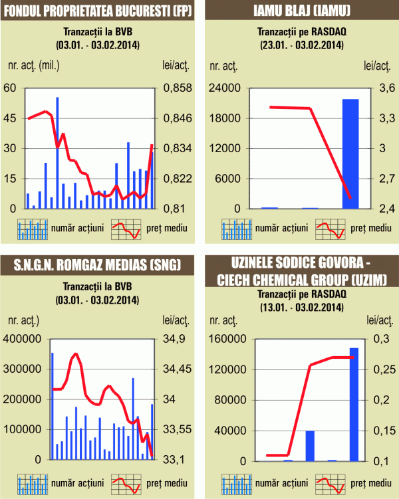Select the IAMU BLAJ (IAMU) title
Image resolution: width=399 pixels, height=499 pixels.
pyautogui.click(x=299, y=11)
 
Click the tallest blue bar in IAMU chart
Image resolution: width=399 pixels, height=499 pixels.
pyautogui.click(x=350, y=153)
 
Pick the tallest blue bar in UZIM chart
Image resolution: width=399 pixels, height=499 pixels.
pyautogui.click(x=354, y=404)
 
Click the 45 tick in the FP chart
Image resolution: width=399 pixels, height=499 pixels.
pyautogui.click(x=11, y=118)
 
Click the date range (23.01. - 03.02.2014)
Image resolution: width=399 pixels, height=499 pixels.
pyautogui.click(x=299, y=45)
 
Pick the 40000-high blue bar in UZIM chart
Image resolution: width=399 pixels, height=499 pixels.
pyautogui.click(x=310, y=445)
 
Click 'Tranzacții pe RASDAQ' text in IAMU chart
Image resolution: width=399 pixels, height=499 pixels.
pyautogui.click(x=299, y=32)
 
